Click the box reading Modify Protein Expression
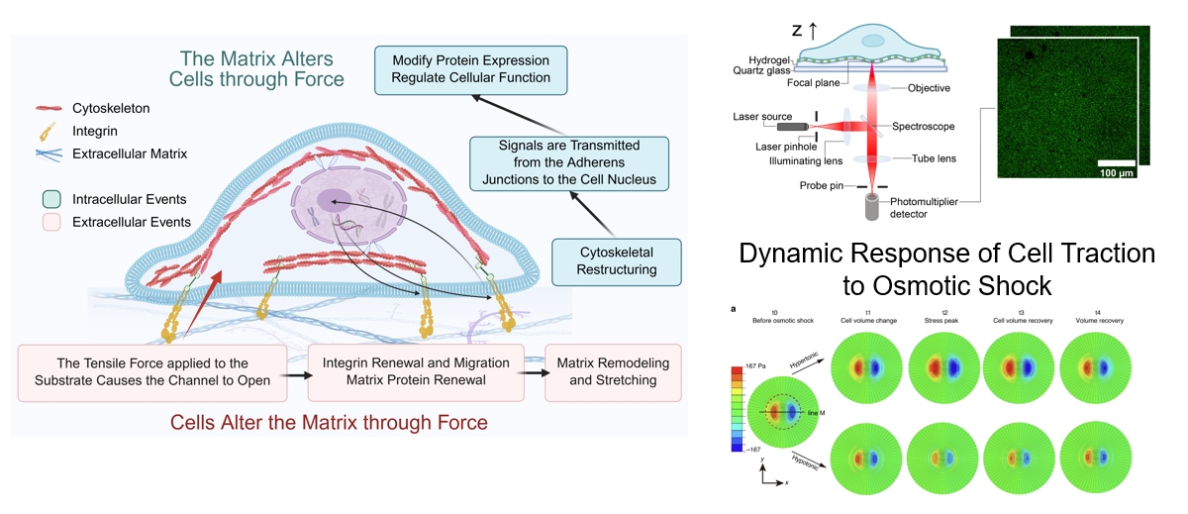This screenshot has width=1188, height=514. tap(462, 67)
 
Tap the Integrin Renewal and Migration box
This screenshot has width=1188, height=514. tap(416, 372)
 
